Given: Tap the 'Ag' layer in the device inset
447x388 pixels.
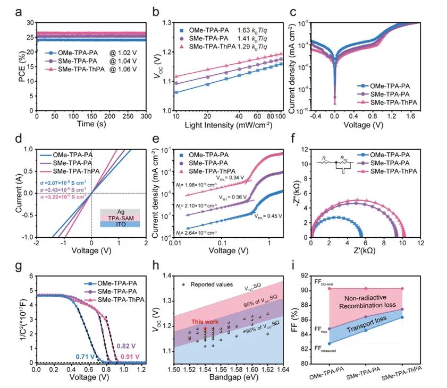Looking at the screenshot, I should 120,212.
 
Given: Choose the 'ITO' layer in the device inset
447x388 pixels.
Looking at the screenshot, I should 120,225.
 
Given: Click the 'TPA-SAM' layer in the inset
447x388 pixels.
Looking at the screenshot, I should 120,218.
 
